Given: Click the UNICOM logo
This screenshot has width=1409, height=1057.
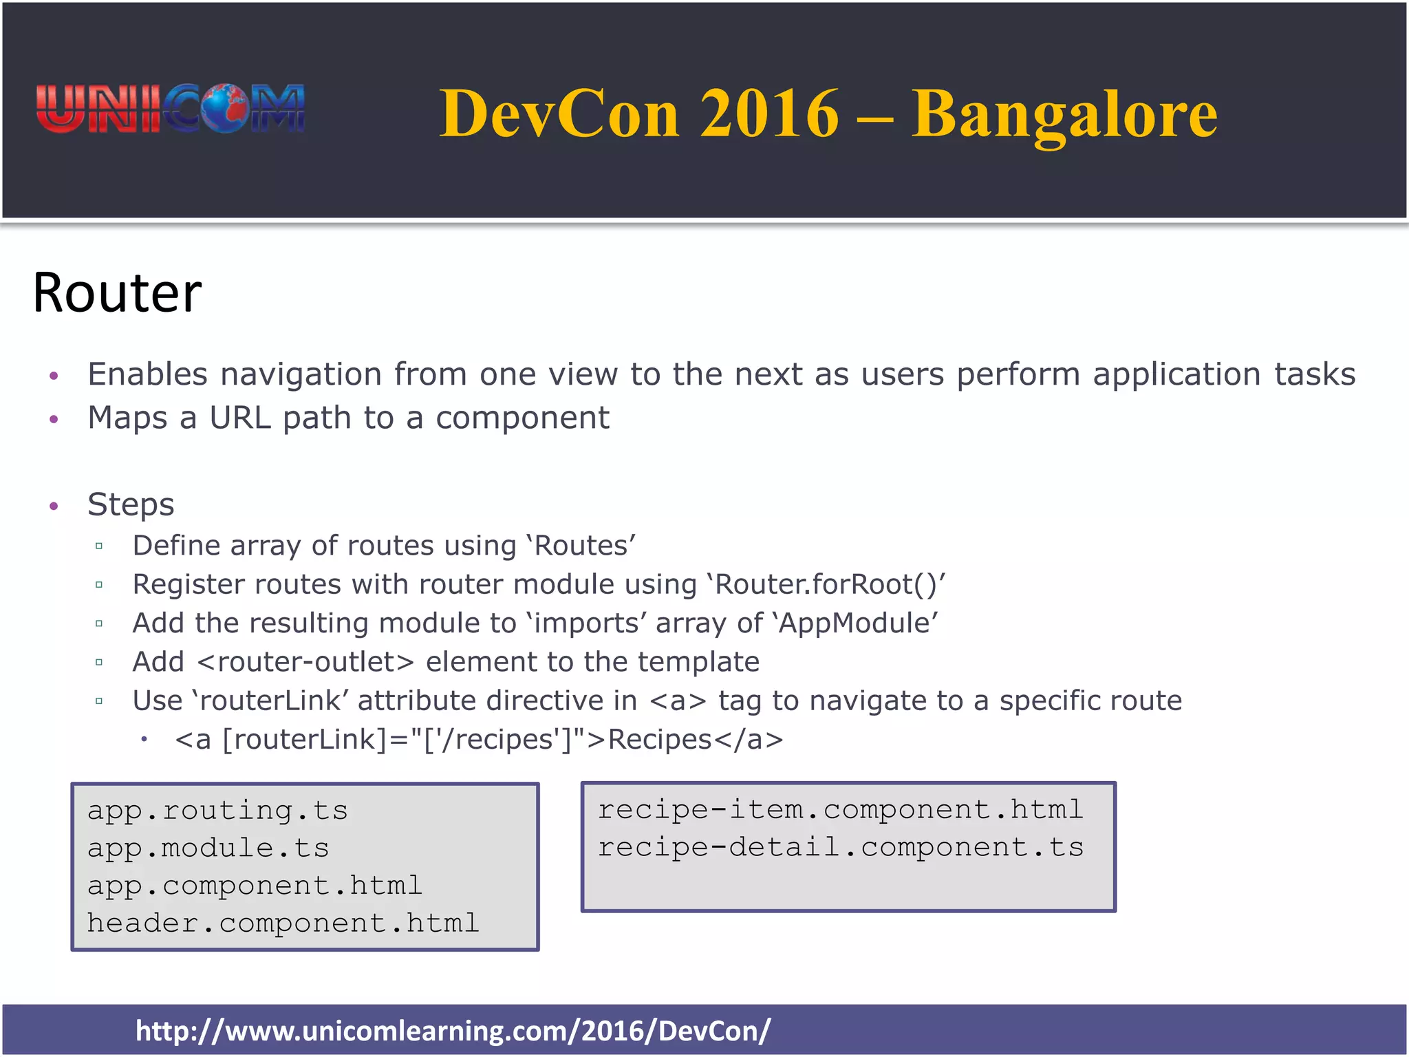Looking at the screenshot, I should pos(171,109).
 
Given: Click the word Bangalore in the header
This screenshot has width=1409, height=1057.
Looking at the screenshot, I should pos(1064,114).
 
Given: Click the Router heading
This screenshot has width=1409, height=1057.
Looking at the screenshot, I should pos(117,293).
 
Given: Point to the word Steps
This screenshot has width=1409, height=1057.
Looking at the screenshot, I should pos(131,504).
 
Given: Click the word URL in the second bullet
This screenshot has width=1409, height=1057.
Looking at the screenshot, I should pos(240,418).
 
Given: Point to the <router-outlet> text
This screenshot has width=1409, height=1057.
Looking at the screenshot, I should pos(305,662).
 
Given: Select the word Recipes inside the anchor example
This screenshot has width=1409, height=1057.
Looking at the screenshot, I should pos(659,740).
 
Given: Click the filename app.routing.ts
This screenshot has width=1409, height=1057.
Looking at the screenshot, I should pos(217,811).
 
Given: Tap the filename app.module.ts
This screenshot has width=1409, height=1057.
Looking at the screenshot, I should pos(208,848).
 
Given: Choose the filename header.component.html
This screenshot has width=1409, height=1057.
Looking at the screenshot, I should pos(283,923).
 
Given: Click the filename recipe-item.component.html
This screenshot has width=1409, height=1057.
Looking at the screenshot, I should pos(840,810).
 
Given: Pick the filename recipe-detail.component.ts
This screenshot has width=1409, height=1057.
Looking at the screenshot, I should pos(840,847).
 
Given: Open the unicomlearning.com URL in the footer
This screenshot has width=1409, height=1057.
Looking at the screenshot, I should pos(453,1031).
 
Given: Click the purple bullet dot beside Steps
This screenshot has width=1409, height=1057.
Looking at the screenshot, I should pos(54,506).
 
